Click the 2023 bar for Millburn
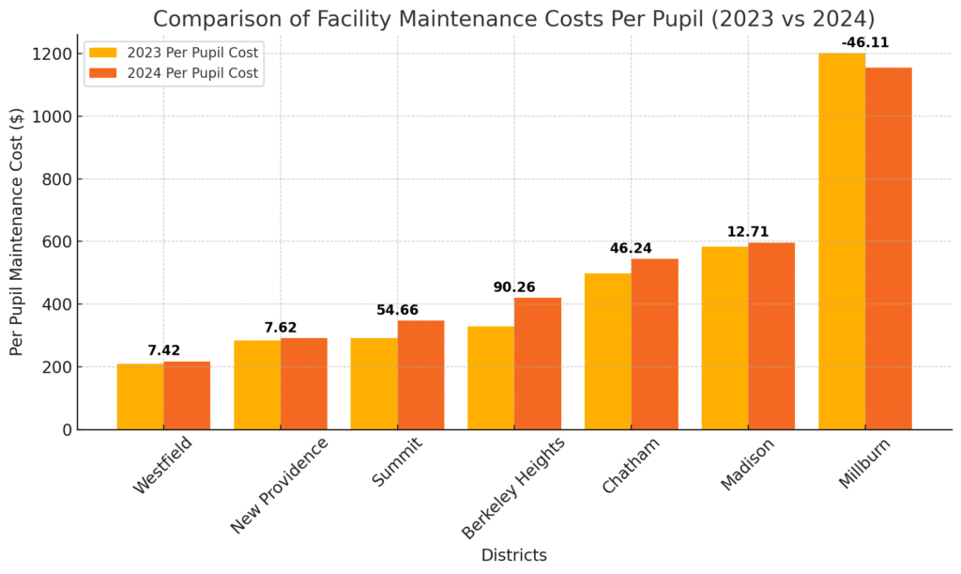(x=842, y=241)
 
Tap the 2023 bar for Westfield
(x=141, y=396)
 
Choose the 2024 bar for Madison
(x=771, y=336)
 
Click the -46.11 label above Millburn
(x=865, y=42)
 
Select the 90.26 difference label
(x=514, y=287)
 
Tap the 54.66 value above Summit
(x=397, y=310)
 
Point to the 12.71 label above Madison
(x=748, y=231)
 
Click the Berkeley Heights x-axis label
(x=512, y=487)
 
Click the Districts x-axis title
(x=513, y=555)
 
